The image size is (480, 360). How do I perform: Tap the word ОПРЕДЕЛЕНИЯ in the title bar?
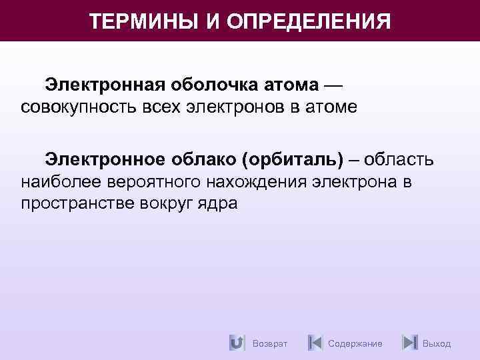(309, 21)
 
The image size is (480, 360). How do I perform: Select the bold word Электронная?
(107, 86)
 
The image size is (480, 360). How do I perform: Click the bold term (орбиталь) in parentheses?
(294, 159)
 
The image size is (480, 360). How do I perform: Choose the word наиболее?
(61, 181)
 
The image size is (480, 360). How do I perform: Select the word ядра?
(216, 203)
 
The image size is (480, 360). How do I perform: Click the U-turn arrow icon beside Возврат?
(236, 343)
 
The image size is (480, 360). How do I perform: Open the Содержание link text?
(355, 343)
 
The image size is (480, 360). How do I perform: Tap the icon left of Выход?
(410, 343)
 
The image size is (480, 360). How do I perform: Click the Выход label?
(437, 343)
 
